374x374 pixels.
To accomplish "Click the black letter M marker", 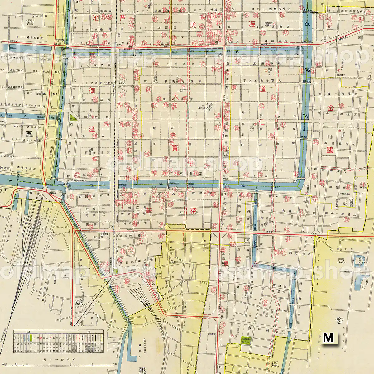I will pos(328,338).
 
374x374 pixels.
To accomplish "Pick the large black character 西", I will pos(30,23).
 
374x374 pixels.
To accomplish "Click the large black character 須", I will pos(79,302).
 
